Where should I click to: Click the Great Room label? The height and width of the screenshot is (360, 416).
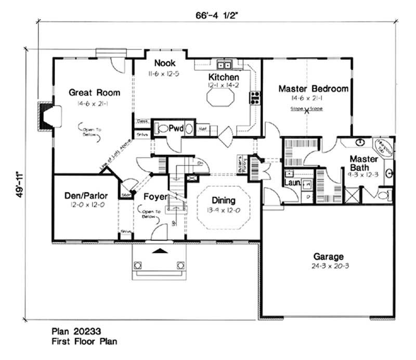95,93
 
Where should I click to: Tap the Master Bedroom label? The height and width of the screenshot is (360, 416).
313,89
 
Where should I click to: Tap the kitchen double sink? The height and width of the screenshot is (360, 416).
225,66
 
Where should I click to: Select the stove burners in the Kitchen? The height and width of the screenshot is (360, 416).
255,97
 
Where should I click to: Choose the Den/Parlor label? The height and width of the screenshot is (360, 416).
86,196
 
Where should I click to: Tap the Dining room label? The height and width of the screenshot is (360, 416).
223,200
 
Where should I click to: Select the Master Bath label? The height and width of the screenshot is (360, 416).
363,163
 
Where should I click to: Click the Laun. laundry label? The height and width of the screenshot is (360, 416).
291,183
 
